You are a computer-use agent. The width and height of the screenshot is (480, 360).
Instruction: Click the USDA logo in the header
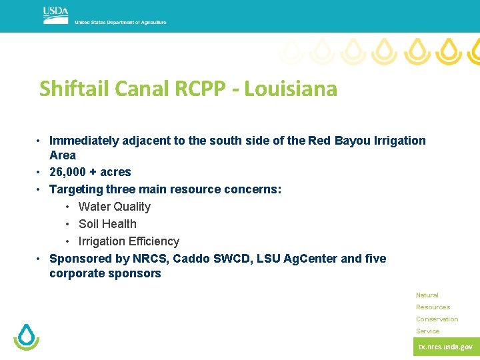(x=55, y=15)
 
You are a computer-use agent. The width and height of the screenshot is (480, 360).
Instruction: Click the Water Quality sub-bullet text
(x=115, y=207)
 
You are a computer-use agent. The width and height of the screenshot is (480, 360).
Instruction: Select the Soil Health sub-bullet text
(x=107, y=224)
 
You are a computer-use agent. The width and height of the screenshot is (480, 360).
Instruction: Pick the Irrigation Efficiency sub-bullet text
(x=129, y=241)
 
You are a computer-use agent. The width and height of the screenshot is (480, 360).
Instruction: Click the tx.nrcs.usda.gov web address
(x=445, y=347)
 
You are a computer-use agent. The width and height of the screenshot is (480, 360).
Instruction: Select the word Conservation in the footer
(x=437, y=319)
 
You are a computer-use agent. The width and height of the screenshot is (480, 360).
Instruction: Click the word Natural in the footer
(x=427, y=295)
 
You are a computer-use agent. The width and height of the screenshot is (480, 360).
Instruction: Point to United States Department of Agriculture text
(x=120, y=23)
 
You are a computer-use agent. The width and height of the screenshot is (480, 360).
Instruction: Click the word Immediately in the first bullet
(x=84, y=141)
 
